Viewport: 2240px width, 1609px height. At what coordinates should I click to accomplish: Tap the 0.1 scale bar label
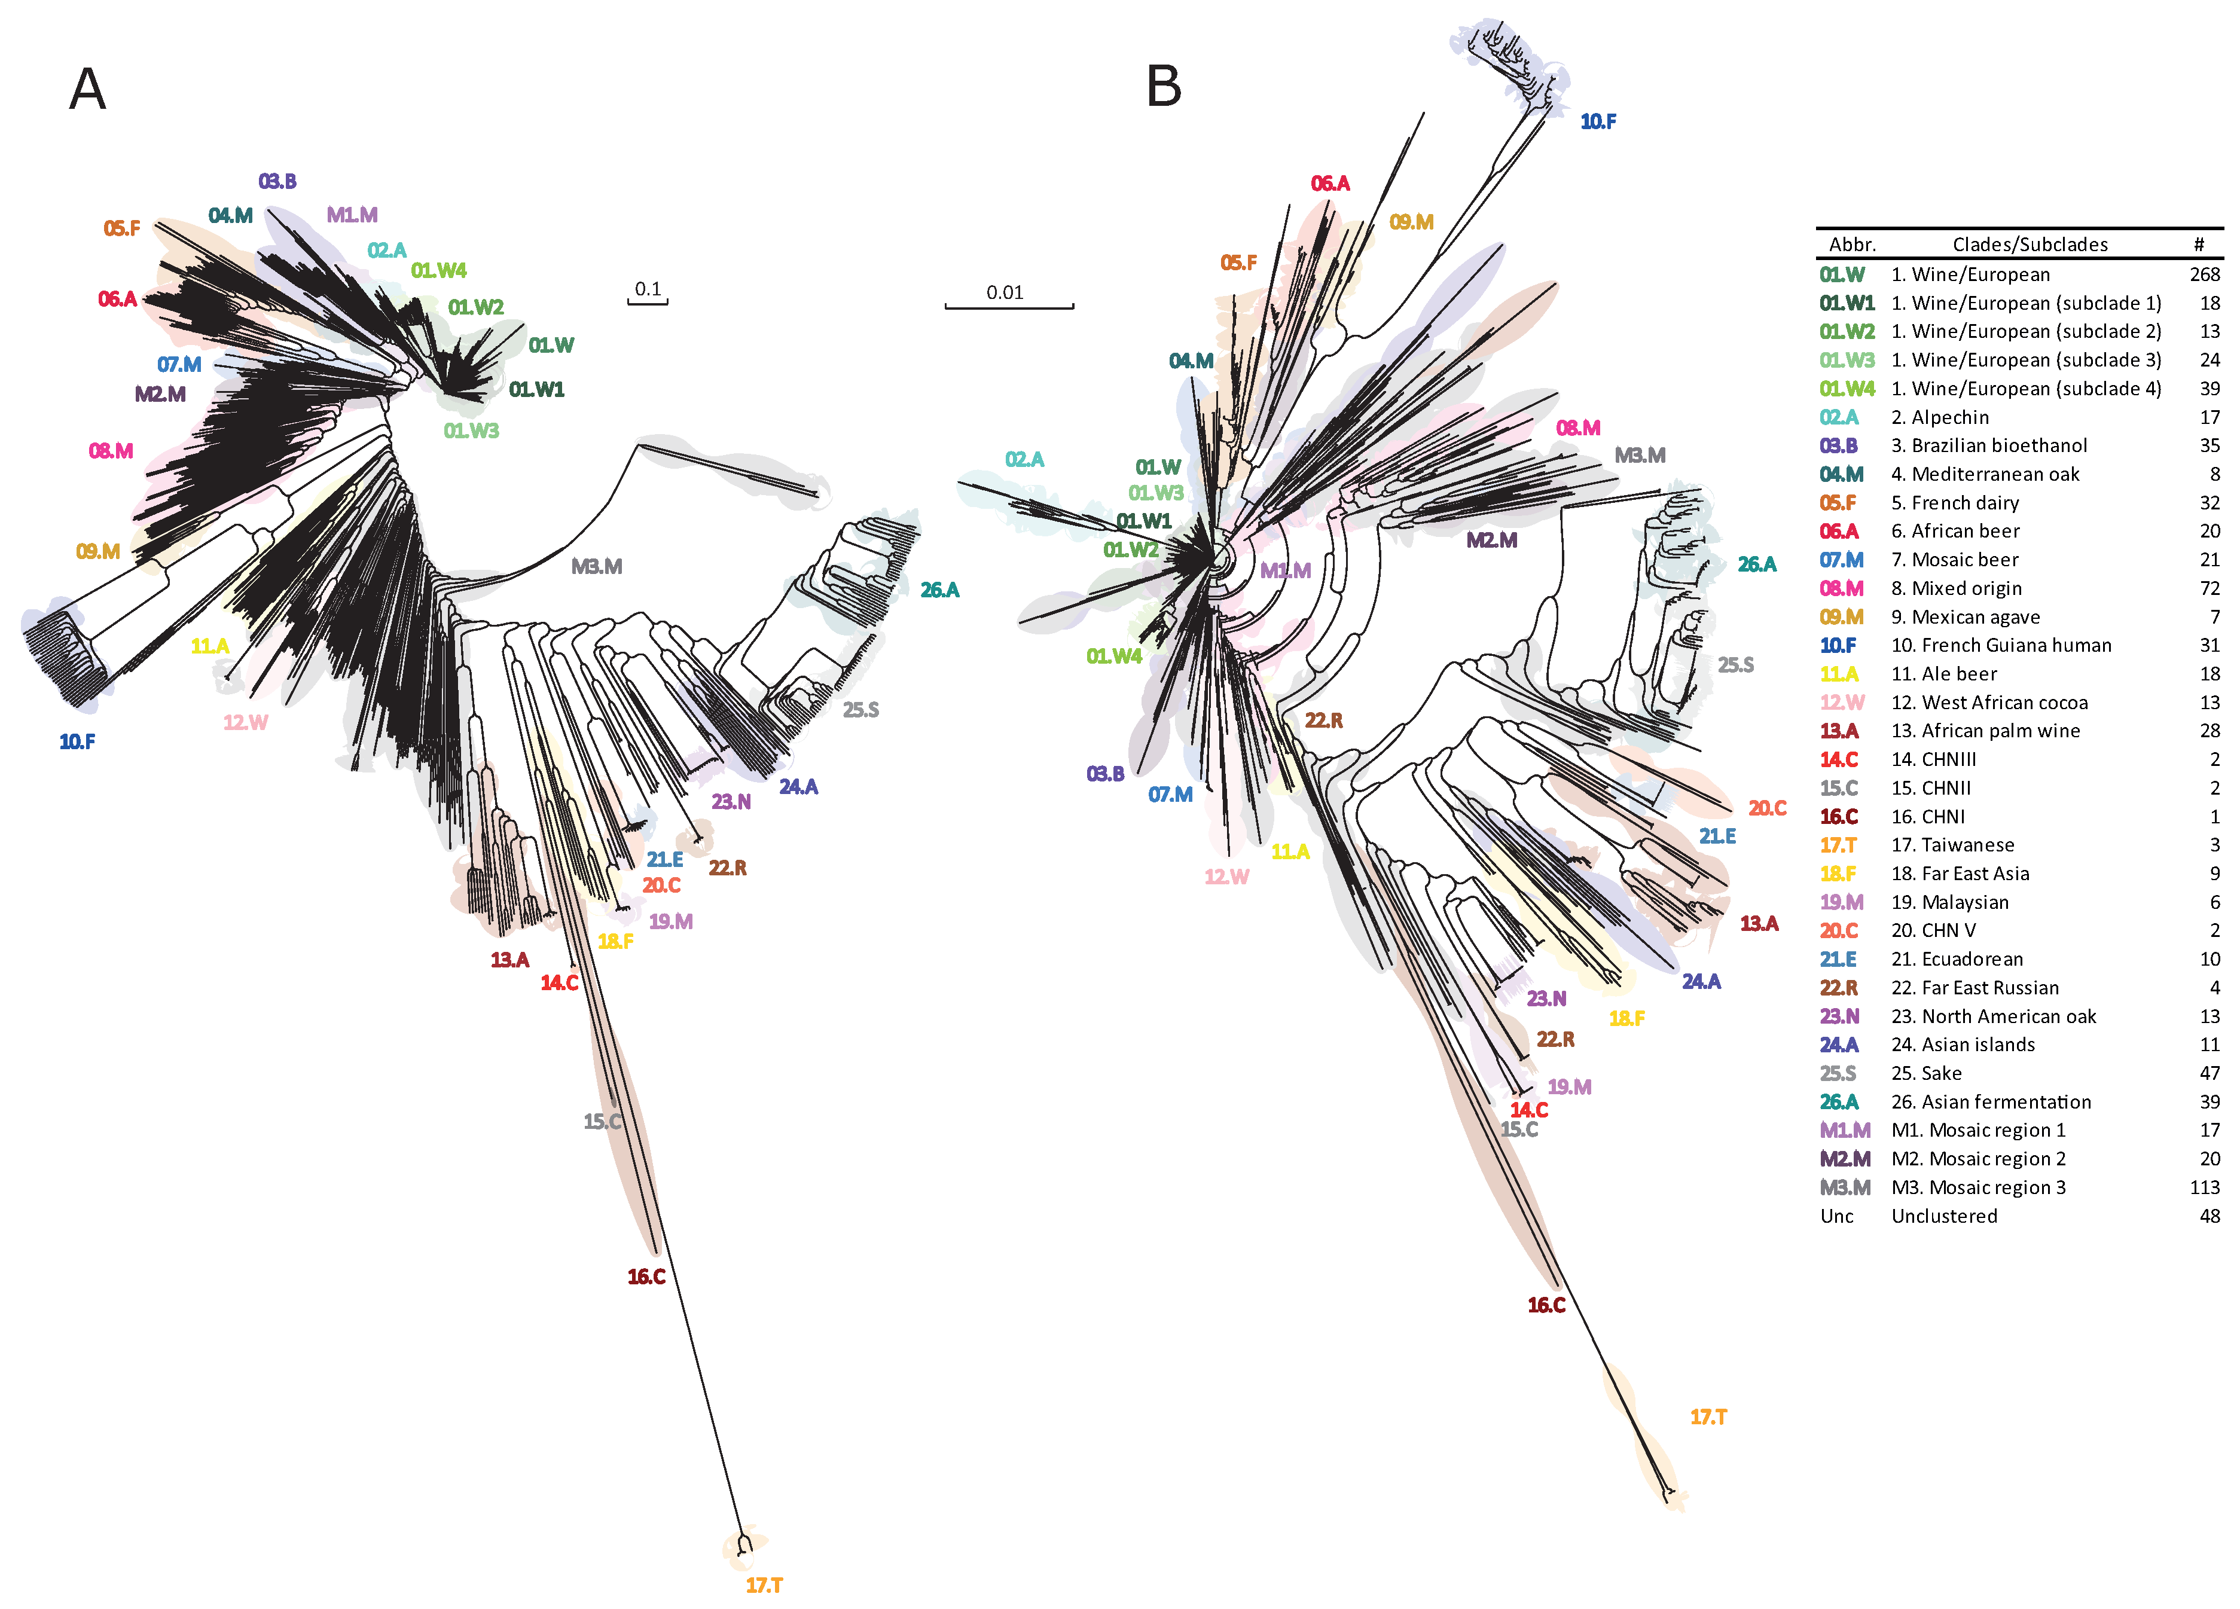pyautogui.click(x=648, y=288)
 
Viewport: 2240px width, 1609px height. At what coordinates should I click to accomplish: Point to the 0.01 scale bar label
pyautogui.click(x=1005, y=292)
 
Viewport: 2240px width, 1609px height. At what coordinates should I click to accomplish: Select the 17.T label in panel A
pyautogui.click(x=764, y=1585)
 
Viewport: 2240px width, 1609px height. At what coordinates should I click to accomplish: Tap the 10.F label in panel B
pyautogui.click(x=1598, y=121)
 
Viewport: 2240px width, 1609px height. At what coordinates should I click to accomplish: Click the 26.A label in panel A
pyautogui.click(x=939, y=590)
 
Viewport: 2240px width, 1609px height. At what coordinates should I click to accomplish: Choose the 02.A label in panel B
pyautogui.click(x=1024, y=459)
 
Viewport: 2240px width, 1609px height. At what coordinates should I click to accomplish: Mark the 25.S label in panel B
pyautogui.click(x=1735, y=665)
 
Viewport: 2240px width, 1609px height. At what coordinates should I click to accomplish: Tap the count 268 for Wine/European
pyautogui.click(x=2205, y=274)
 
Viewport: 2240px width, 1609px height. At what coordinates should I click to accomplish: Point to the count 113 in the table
pyautogui.click(x=2205, y=1187)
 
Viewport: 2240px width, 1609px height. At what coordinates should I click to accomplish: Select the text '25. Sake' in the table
pyautogui.click(x=1926, y=1073)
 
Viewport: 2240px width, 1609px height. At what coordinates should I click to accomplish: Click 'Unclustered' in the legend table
pyautogui.click(x=1943, y=1216)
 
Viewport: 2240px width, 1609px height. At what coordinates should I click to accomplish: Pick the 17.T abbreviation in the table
pyautogui.click(x=1838, y=845)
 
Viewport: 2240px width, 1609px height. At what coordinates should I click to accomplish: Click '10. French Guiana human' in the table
pyautogui.click(x=2001, y=645)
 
